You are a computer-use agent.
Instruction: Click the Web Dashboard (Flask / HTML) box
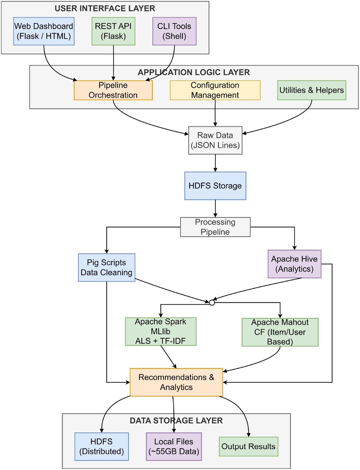click(x=44, y=31)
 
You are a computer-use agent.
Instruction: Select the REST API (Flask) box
click(x=113, y=31)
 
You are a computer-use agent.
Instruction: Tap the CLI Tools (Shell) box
click(x=174, y=31)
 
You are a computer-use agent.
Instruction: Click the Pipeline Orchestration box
click(x=113, y=90)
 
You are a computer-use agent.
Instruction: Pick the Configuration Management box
click(x=215, y=90)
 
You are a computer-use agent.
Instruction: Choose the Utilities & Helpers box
click(x=312, y=90)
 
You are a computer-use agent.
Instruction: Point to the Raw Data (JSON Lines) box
click(x=215, y=140)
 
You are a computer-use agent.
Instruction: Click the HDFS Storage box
click(x=215, y=186)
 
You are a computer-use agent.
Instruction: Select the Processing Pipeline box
click(x=215, y=227)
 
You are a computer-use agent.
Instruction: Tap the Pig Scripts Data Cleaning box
click(x=106, y=267)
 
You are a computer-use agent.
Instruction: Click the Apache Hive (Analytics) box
click(x=294, y=264)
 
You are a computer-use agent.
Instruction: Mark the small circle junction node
click(x=212, y=302)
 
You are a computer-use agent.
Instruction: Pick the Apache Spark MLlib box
click(x=161, y=331)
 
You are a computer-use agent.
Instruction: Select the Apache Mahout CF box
click(x=280, y=332)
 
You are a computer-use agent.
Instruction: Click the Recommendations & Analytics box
click(x=176, y=382)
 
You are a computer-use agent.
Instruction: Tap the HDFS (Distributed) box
click(x=102, y=446)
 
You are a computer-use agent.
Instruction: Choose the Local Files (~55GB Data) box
click(x=174, y=446)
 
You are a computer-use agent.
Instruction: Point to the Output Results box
click(x=249, y=446)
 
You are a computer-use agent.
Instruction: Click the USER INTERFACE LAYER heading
click(x=105, y=8)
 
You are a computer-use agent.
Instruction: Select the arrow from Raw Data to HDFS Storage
click(x=215, y=163)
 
